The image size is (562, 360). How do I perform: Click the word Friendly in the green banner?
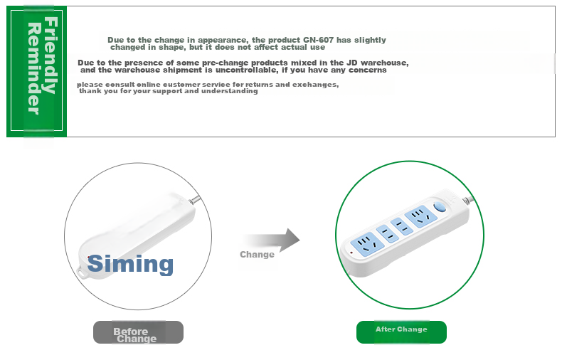(x=51, y=55)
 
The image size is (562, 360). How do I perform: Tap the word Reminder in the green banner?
(x=35, y=68)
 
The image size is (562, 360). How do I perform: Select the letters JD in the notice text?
(x=352, y=63)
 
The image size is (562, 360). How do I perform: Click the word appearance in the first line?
(x=222, y=40)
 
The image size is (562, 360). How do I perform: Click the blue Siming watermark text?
(x=130, y=264)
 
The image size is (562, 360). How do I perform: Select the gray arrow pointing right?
(x=271, y=240)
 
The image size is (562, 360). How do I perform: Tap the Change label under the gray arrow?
(x=257, y=255)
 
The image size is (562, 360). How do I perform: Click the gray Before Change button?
(x=138, y=332)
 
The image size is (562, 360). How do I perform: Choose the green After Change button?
(x=401, y=332)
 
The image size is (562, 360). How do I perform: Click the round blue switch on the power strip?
(x=440, y=207)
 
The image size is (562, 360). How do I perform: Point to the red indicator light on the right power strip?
(x=351, y=253)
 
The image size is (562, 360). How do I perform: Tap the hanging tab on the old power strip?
(x=83, y=272)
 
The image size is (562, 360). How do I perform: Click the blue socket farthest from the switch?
(x=367, y=244)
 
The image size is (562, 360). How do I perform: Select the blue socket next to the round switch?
(x=420, y=216)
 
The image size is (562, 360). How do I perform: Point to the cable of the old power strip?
(x=195, y=200)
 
